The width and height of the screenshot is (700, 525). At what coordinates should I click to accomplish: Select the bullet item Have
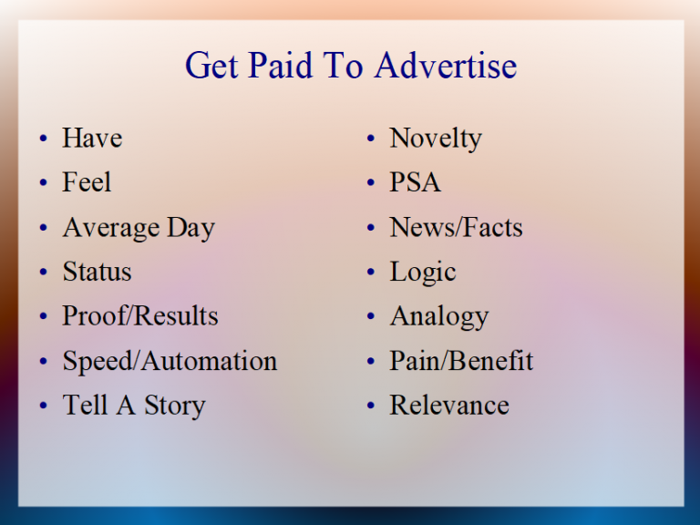[x=91, y=139]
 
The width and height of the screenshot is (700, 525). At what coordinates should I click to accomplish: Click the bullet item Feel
[x=87, y=183]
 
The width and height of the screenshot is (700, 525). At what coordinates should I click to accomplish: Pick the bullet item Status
[x=97, y=273]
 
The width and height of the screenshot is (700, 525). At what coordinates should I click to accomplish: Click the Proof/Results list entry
[x=139, y=316]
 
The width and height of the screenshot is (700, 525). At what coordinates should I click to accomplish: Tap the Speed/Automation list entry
[x=170, y=361]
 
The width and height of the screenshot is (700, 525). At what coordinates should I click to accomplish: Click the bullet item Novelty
[x=436, y=139]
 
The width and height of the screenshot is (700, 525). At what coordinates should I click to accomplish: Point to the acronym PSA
[x=416, y=183]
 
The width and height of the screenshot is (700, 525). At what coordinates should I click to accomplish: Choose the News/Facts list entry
[x=456, y=228]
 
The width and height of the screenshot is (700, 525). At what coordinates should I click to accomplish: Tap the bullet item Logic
[x=423, y=273]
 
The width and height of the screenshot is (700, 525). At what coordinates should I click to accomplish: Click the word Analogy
[x=439, y=317]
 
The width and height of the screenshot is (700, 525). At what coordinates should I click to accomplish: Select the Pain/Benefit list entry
[x=461, y=361]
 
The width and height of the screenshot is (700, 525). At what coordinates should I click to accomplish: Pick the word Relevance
[x=449, y=406]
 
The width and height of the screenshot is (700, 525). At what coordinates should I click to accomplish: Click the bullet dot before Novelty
[x=371, y=139]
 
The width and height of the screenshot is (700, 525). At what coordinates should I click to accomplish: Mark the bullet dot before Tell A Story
[x=43, y=407]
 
